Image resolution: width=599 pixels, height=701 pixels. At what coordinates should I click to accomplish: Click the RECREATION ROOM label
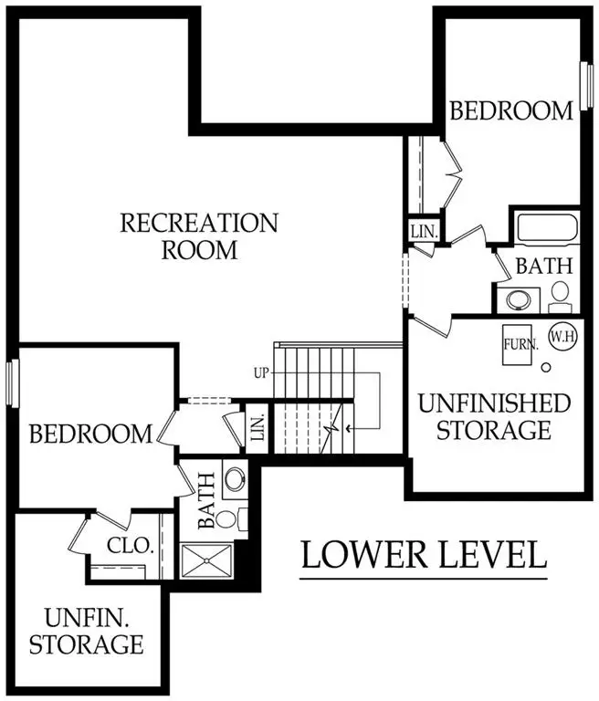pyautogui.click(x=199, y=235)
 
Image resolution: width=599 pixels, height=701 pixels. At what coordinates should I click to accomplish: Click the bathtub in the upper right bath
pyautogui.click(x=545, y=228)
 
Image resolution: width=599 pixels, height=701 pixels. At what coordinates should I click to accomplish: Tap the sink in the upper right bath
pyautogui.click(x=519, y=300)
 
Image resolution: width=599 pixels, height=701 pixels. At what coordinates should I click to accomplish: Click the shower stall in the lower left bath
pyautogui.click(x=208, y=562)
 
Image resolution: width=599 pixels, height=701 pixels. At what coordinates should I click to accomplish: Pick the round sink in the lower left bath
pyautogui.click(x=235, y=479)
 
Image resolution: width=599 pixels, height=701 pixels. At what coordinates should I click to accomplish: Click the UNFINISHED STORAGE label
pyautogui.click(x=493, y=415)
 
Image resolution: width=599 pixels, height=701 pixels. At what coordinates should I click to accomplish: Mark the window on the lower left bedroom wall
pyautogui.click(x=11, y=383)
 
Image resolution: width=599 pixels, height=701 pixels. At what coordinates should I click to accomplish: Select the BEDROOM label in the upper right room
pyautogui.click(x=511, y=110)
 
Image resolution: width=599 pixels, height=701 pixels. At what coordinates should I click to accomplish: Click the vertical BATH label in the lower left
pyautogui.click(x=205, y=501)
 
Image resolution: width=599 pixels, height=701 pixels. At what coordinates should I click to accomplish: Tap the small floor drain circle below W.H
pyautogui.click(x=546, y=367)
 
